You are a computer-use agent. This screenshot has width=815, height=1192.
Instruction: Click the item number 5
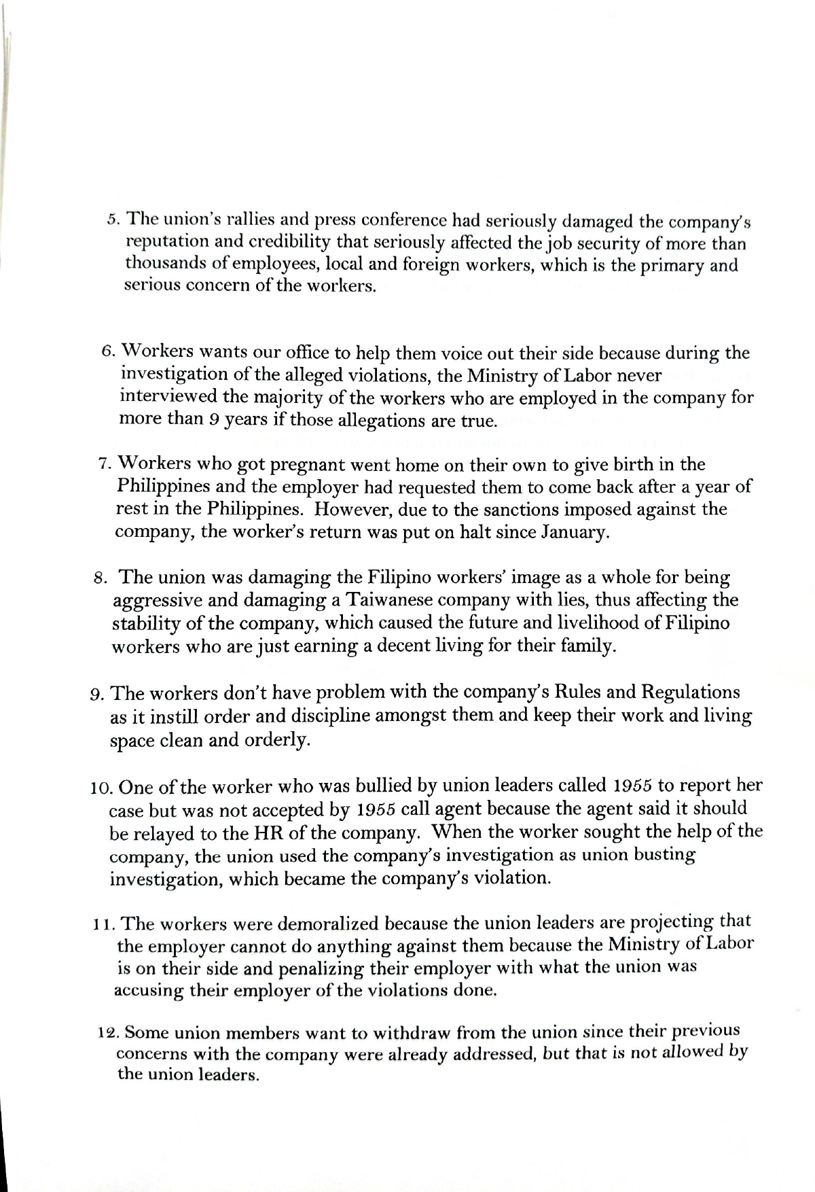[113, 220]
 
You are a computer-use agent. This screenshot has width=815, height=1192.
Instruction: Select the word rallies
[244, 220]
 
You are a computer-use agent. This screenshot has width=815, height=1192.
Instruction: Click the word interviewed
[170, 397]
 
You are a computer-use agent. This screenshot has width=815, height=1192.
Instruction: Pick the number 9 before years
[213, 419]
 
